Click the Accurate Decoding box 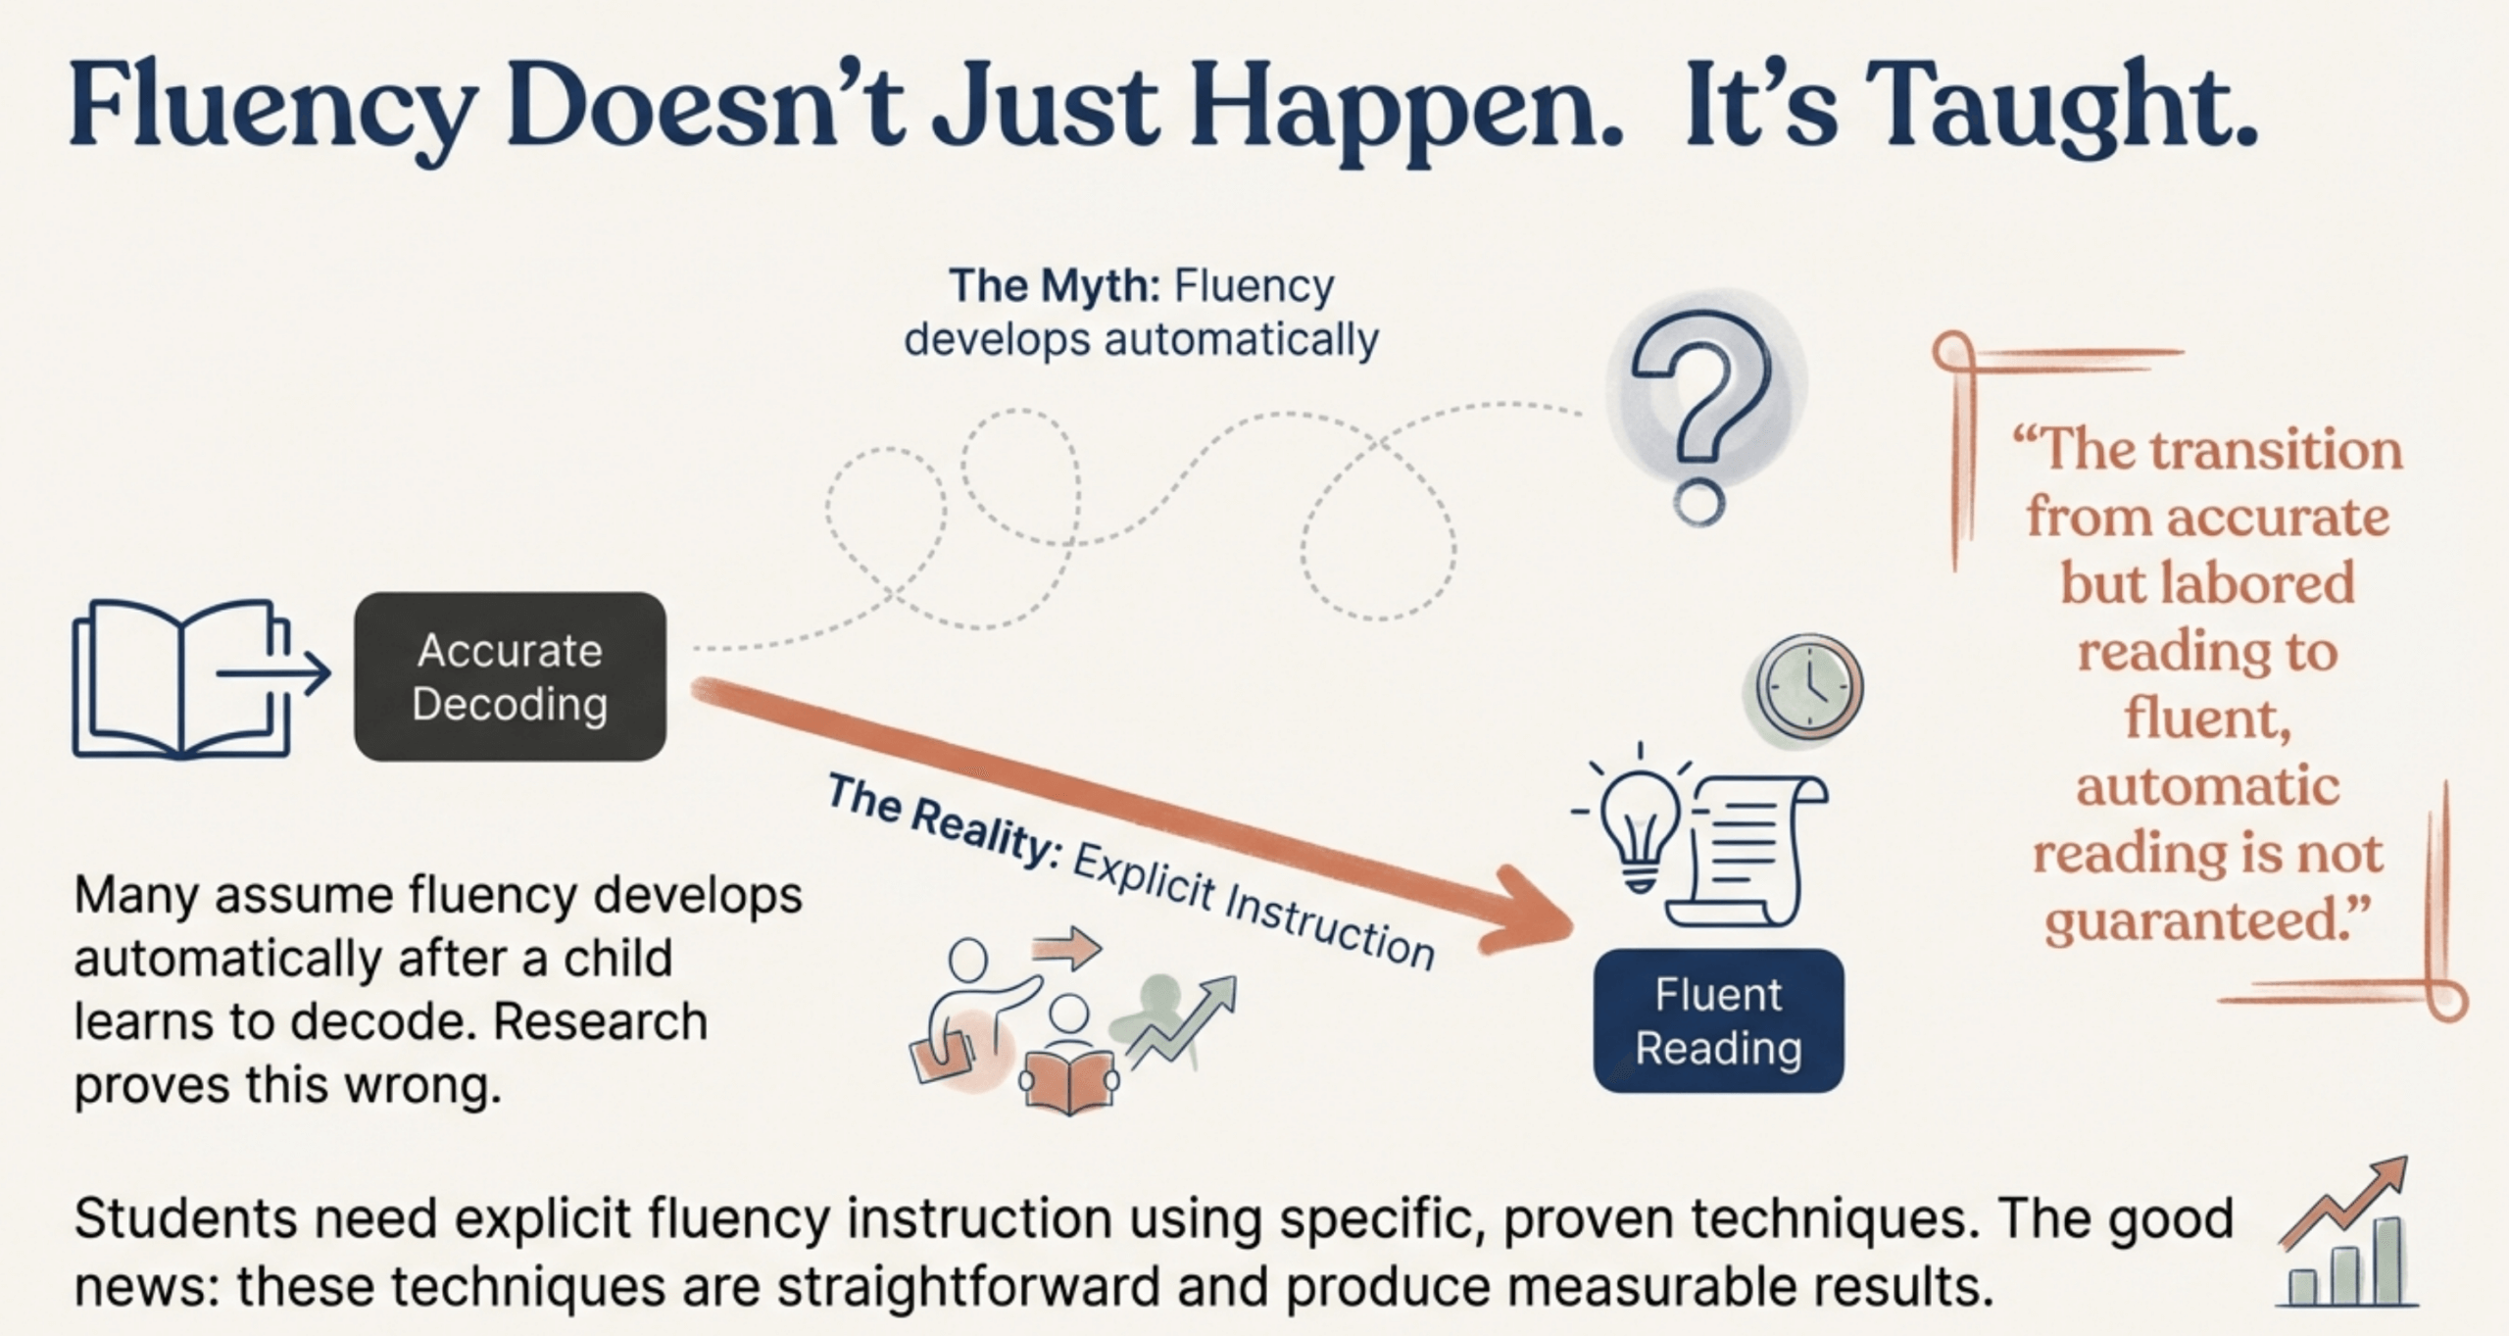point(510,676)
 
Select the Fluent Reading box point(1718,1020)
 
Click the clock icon point(1808,686)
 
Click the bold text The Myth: point(1055,285)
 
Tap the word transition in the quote point(2276,451)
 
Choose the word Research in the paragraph point(600,1021)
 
